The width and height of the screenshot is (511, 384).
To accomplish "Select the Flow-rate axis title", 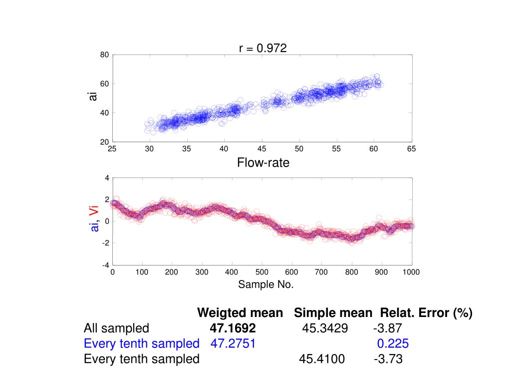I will point(263,162).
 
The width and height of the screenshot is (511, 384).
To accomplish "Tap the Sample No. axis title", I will point(266,284).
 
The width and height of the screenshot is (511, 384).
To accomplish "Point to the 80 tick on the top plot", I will point(104,55).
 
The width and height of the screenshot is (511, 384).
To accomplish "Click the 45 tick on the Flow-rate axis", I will point(261,149).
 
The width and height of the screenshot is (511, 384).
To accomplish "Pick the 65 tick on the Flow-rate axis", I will point(411,149).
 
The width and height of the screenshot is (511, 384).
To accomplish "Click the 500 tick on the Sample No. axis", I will point(261,272).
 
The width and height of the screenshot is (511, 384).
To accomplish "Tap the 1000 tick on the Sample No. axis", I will point(411,272).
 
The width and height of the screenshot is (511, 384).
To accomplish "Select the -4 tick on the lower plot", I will point(105,265).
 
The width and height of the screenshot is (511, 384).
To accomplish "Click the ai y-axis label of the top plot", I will point(93,95).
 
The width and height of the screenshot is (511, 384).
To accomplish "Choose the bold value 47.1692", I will point(233,328).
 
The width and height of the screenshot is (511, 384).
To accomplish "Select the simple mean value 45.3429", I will point(325,328).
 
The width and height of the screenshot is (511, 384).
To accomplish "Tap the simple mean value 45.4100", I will point(322,359).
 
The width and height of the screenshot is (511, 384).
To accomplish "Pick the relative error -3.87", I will point(387,328).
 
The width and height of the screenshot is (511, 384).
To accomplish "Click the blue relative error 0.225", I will point(393,343).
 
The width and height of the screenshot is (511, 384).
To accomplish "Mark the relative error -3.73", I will point(388,359).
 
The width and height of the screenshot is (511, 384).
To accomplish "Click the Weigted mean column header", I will point(240,313).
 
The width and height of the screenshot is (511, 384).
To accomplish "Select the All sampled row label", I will point(116,328).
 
